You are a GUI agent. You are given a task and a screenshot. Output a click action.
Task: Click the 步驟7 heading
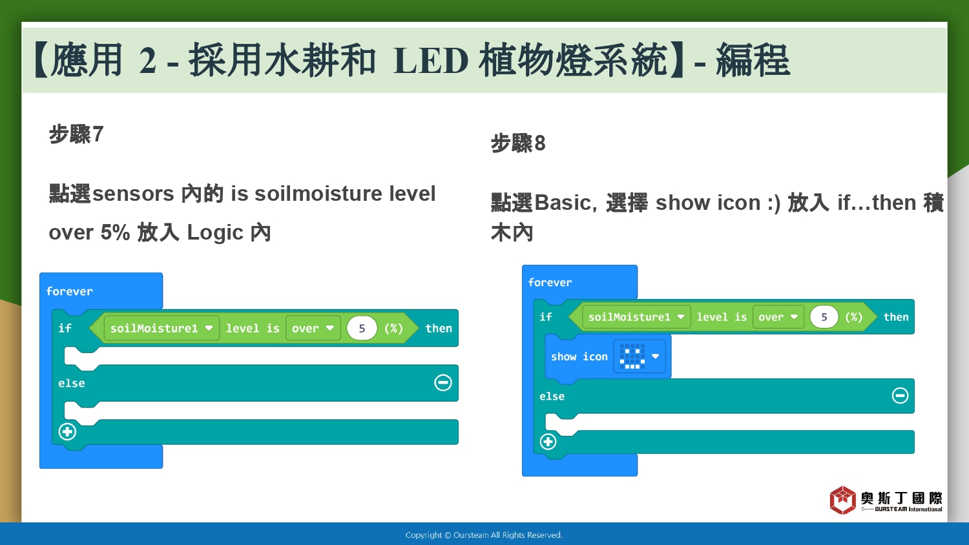(76, 134)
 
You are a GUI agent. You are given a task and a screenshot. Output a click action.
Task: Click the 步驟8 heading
(518, 143)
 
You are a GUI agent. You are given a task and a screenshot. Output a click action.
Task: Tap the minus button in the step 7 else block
(443, 382)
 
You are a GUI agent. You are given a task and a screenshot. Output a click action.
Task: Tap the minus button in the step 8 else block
(900, 395)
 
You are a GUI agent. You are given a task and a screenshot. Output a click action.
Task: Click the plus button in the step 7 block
(67, 431)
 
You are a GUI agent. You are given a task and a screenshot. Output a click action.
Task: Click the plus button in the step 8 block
(548, 442)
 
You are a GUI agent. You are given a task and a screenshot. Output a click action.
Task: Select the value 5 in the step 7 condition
(362, 328)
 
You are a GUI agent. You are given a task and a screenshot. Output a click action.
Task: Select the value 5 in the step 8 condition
(824, 317)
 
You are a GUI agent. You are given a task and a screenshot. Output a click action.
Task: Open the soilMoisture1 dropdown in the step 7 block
(161, 328)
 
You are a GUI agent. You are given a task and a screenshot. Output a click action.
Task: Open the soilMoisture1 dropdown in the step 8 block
(636, 317)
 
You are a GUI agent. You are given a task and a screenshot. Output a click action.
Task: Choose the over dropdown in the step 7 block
(313, 328)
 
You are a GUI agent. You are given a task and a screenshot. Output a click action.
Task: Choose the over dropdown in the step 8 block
(778, 317)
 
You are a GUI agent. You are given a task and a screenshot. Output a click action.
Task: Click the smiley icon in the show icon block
(632, 356)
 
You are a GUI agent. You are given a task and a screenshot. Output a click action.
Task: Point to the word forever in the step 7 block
(69, 291)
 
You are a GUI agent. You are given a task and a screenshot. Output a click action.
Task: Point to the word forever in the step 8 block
(550, 282)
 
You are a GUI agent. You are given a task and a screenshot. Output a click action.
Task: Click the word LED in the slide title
(431, 61)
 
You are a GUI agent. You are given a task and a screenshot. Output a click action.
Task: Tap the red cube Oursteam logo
(842, 500)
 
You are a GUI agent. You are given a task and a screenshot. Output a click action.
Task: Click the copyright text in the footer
(484, 535)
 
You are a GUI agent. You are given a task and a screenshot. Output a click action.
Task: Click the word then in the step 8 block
(896, 317)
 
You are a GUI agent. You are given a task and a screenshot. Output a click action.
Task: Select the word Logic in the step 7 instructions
(215, 232)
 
